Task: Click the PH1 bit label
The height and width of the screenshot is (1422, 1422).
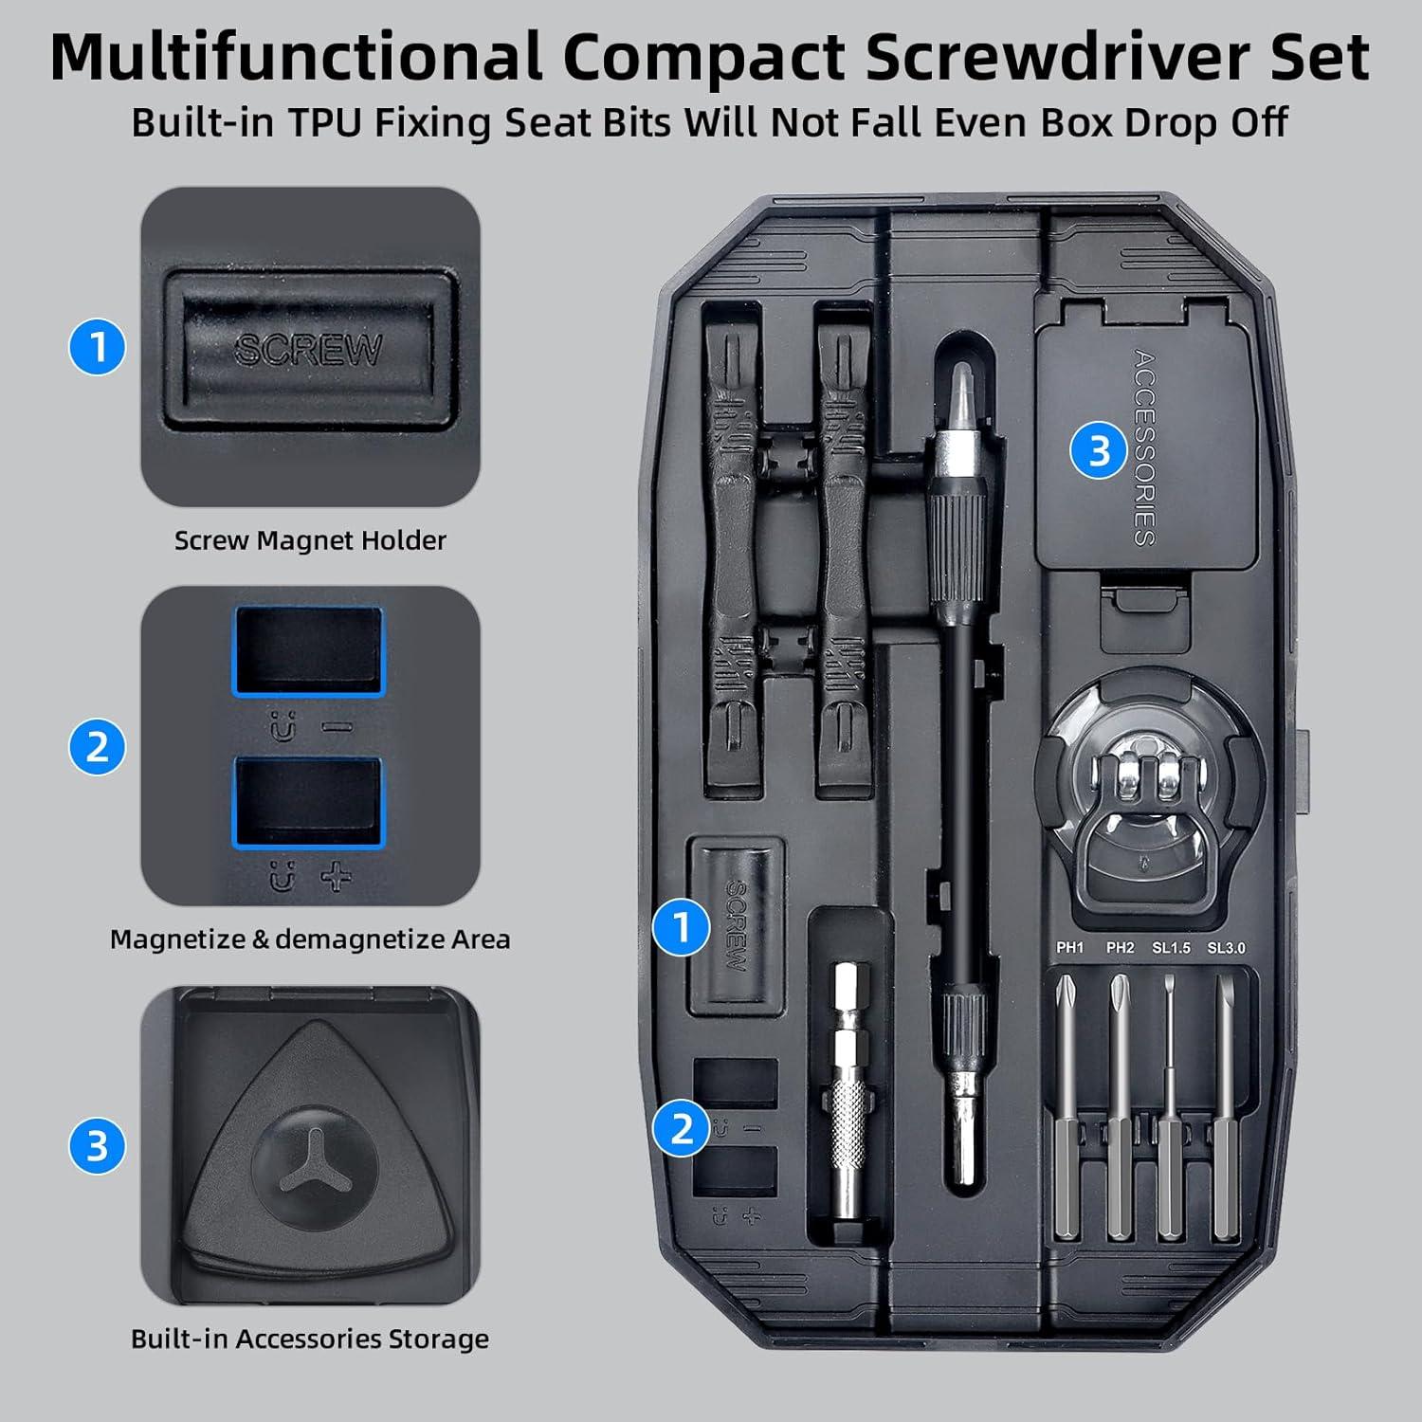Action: click(x=1069, y=947)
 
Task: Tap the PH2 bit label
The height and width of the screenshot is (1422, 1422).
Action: click(x=1120, y=947)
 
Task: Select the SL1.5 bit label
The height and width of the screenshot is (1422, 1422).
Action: click(x=1171, y=947)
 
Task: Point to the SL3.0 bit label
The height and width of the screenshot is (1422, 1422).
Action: click(x=1226, y=947)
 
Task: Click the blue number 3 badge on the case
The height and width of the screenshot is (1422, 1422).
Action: click(x=1099, y=451)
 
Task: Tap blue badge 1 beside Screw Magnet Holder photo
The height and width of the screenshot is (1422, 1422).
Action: click(x=98, y=347)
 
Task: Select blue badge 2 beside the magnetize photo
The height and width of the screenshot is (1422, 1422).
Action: click(x=98, y=747)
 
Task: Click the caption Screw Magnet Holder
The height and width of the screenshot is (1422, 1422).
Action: click(x=310, y=540)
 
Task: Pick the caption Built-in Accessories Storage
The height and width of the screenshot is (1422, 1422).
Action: click(x=310, y=1339)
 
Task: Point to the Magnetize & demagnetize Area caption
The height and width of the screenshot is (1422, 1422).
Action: click(x=310, y=939)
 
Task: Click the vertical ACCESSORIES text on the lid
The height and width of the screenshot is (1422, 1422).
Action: click(x=1145, y=447)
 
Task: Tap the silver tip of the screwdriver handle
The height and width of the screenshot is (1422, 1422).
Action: click(x=962, y=389)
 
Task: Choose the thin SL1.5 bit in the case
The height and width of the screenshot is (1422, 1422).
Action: click(x=1171, y=1119)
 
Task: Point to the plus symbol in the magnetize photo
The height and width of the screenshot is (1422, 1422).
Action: click(x=337, y=879)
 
